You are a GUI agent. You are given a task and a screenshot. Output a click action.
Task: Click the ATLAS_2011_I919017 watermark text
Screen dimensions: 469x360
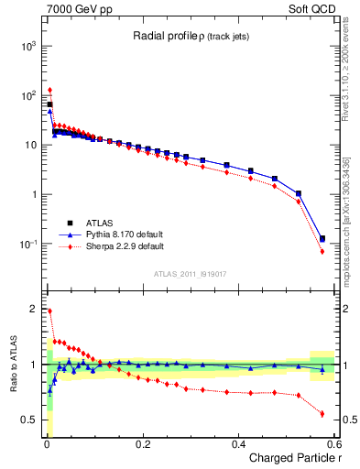pyautogui.click(x=191, y=274)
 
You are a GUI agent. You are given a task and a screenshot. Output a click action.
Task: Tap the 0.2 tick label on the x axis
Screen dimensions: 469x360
pyautogui.click(x=142, y=444)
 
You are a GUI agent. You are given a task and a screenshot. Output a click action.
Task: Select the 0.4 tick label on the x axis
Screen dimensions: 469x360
pyautogui.click(x=238, y=444)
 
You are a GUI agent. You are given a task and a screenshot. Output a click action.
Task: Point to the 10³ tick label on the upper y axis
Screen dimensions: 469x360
pyautogui.click(x=28, y=45)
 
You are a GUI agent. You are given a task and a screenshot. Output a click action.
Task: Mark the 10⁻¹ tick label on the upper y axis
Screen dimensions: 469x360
pyautogui.click(x=28, y=244)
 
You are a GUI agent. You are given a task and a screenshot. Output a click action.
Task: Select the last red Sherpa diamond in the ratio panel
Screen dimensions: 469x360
pyautogui.click(x=322, y=413)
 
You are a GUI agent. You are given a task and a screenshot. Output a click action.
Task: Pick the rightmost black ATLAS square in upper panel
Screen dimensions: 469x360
pyautogui.click(x=322, y=238)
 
